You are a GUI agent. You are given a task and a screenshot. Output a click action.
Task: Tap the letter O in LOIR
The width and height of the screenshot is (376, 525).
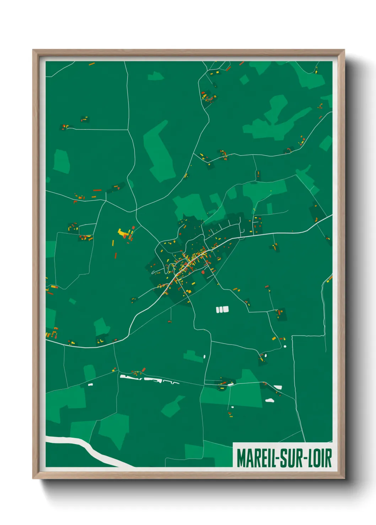click(317, 458)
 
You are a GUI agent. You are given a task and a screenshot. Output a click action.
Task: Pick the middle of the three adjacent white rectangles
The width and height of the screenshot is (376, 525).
click(222, 310)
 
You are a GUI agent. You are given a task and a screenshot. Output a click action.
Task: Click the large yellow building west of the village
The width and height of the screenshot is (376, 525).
click(123, 233)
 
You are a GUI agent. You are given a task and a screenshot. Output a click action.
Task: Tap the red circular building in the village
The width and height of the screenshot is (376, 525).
click(203, 272)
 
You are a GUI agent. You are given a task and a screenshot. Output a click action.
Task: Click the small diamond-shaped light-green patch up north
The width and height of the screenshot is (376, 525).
click(244, 79)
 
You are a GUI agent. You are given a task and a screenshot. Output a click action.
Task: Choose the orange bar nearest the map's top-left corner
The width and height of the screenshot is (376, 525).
click(92, 64)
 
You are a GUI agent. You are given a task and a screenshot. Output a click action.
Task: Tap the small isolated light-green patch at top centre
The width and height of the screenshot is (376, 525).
click(155, 76)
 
